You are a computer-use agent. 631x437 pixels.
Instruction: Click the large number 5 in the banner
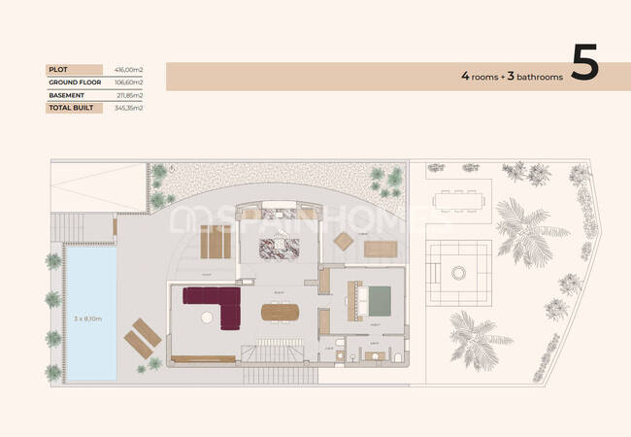click(584, 65)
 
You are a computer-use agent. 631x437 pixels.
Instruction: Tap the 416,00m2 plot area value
click(129, 69)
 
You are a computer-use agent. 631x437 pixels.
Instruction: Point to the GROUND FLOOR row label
click(76, 83)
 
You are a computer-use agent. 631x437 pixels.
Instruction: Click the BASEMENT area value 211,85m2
click(129, 95)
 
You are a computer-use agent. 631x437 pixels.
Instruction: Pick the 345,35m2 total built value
click(129, 108)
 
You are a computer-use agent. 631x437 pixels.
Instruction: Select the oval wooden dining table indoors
click(282, 313)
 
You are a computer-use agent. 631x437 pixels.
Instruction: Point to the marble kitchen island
click(278, 247)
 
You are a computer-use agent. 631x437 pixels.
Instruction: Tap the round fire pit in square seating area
click(458, 273)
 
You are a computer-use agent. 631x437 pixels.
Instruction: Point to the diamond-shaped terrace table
click(344, 241)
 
